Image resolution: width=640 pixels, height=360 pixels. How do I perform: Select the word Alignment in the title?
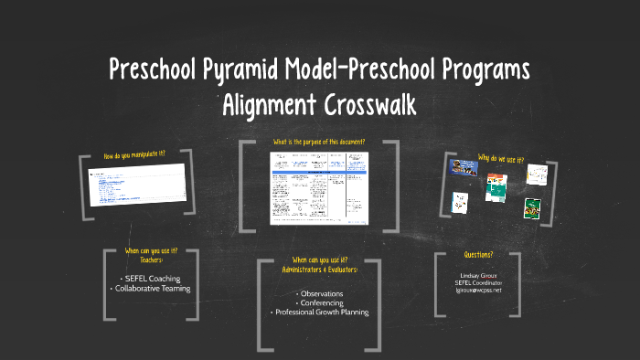point(266,105)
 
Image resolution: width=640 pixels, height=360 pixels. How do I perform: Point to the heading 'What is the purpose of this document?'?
point(319,143)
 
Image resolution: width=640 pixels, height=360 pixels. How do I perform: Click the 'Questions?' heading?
point(478,255)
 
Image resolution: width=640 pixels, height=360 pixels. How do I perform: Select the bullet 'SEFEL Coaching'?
point(150,278)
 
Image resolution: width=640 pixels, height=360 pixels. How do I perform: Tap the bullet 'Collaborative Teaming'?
point(150,289)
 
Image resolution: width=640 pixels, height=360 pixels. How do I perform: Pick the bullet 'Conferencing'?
point(319,302)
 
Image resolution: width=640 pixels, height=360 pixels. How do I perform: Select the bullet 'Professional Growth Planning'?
point(319,312)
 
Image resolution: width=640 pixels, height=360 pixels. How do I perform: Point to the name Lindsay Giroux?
point(478,275)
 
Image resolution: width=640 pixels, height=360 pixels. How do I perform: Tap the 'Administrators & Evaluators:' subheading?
point(319,270)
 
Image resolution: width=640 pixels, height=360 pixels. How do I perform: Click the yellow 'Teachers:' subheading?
point(150,259)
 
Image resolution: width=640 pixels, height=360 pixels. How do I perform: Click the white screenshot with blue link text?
point(136,184)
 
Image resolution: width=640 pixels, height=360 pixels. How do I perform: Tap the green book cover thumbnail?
point(529,207)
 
